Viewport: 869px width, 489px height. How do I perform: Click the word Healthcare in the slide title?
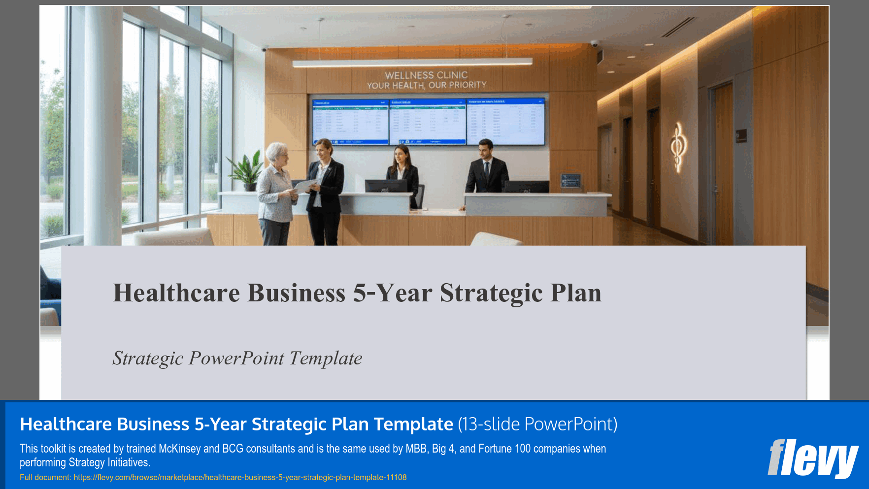pos(176,293)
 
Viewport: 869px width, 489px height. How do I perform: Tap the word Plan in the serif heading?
pos(575,293)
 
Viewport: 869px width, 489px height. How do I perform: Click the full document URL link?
pos(240,477)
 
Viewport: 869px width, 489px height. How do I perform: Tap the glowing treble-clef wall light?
pos(678,147)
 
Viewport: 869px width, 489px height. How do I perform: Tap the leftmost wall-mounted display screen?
pos(350,122)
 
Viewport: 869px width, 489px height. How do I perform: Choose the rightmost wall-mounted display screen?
pos(506,121)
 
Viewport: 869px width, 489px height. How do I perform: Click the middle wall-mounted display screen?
pos(428,122)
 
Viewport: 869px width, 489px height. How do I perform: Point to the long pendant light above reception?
pos(412,63)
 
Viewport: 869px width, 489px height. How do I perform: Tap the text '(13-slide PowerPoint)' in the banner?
pos(537,424)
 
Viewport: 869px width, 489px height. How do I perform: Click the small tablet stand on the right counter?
pos(571,181)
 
